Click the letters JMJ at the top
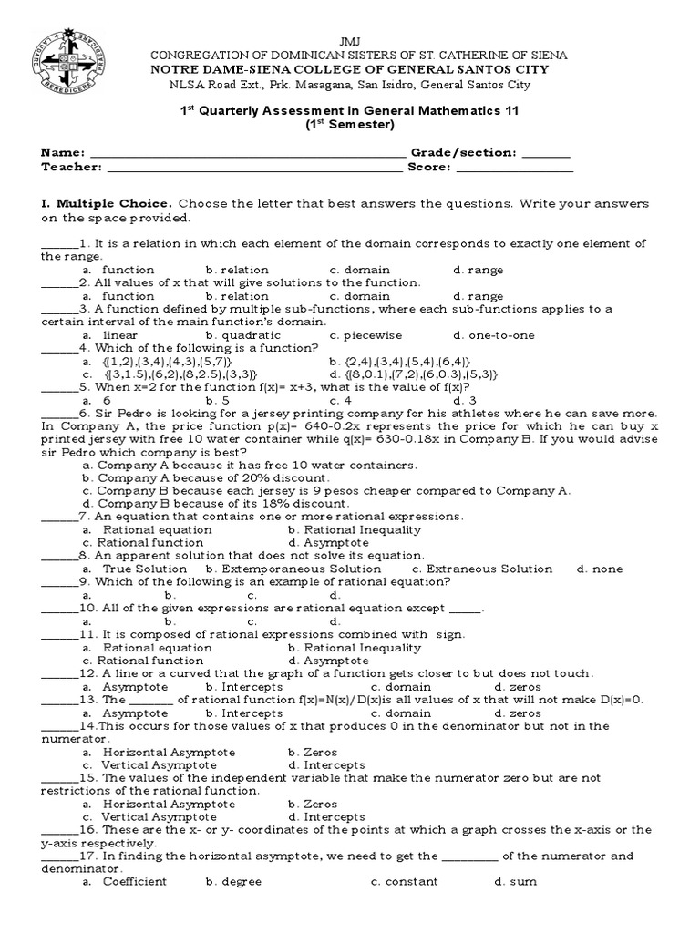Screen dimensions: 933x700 tap(350, 43)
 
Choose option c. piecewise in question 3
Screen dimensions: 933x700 tap(365, 335)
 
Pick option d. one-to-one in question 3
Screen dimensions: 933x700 tap(493, 335)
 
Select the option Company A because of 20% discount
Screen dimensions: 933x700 tap(204, 478)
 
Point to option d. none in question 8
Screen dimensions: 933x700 tap(600, 569)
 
